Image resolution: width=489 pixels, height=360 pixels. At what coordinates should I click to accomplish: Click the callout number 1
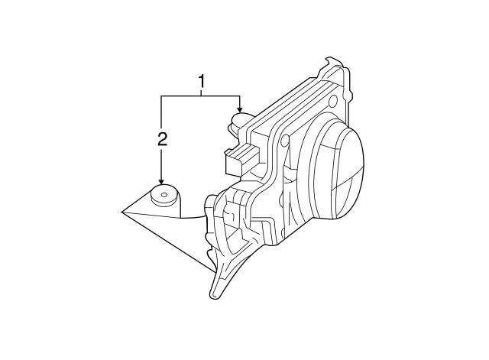point(202,80)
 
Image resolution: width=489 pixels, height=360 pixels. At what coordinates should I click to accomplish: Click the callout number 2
point(161,138)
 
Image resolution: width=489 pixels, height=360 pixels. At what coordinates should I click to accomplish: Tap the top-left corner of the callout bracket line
point(161,96)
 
